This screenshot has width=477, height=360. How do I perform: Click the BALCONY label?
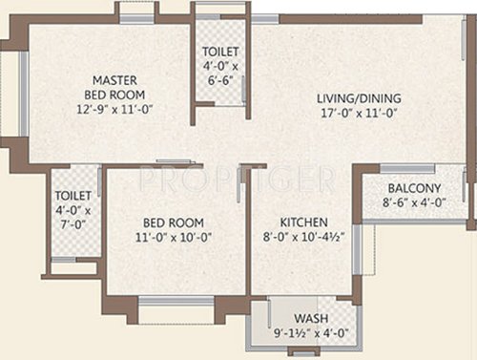click(x=414, y=188)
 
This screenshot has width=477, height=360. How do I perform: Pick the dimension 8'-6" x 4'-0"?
click(x=414, y=202)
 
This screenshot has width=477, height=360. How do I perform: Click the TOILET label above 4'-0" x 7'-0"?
click(x=73, y=197)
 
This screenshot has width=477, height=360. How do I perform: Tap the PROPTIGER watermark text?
click(x=238, y=178)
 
